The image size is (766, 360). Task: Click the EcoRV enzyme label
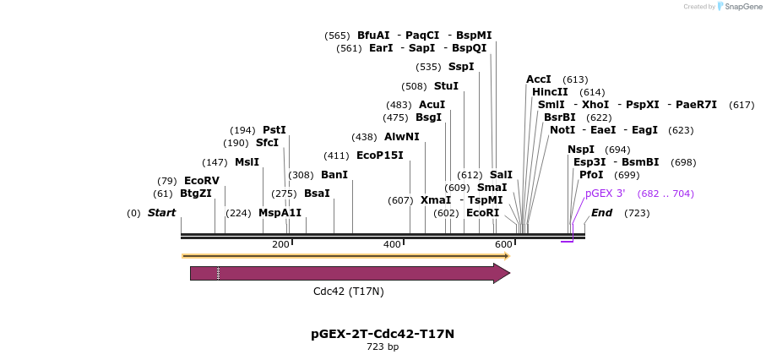tap(202, 181)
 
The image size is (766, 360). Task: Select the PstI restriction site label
tap(274, 130)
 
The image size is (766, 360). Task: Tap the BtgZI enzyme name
tap(196, 194)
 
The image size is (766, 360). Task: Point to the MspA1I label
tap(280, 213)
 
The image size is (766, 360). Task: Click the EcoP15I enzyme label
tap(380, 155)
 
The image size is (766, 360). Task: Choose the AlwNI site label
tap(401, 137)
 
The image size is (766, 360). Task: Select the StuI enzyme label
tap(446, 86)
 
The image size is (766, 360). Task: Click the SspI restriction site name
tap(461, 67)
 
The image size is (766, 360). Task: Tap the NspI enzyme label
tap(581, 150)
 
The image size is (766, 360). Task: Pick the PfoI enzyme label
tap(591, 175)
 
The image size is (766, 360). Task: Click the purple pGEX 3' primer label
tap(605, 194)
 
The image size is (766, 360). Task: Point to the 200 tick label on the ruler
tap(280, 244)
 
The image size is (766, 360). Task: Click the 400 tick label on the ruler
tap(393, 244)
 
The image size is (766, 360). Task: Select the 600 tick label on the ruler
tap(503, 244)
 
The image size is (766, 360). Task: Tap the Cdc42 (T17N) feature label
tap(348, 292)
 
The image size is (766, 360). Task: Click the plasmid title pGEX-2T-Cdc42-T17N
tap(383, 334)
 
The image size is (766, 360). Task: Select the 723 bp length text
tap(383, 346)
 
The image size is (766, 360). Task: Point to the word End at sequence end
tap(601, 213)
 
